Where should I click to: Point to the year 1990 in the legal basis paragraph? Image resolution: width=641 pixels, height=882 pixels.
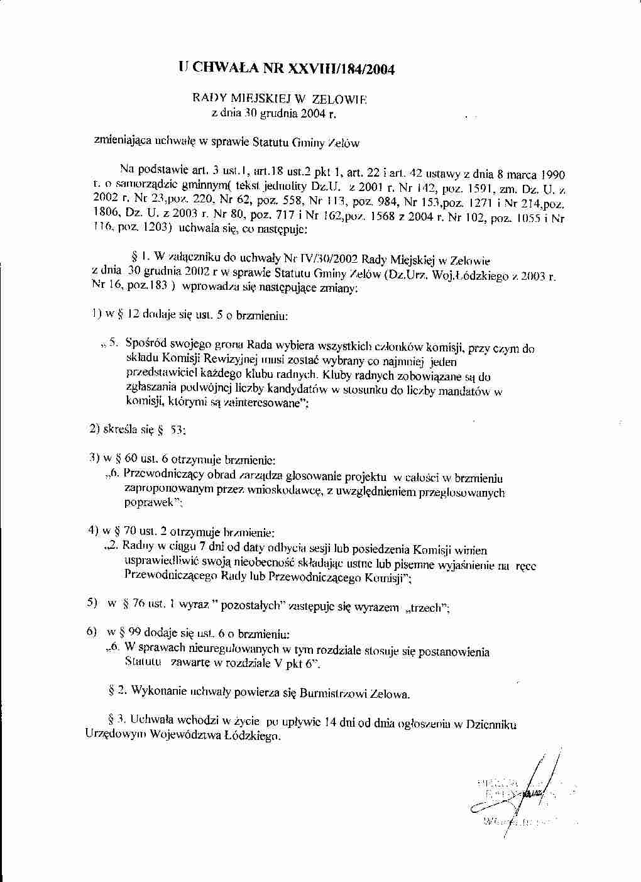click(x=551, y=174)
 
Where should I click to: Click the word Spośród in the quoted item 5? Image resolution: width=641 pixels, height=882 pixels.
click(x=146, y=343)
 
